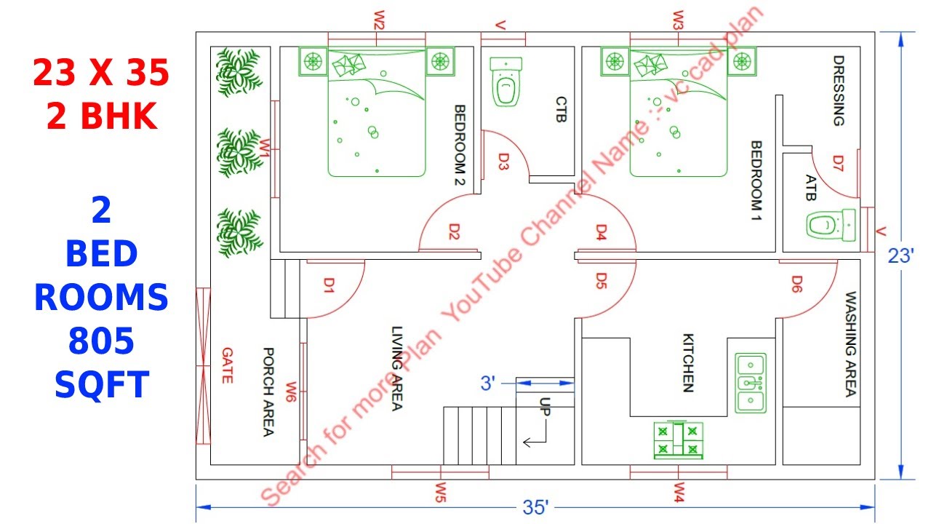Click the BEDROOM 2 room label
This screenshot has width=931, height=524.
[460, 146]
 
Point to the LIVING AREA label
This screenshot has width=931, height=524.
[396, 368]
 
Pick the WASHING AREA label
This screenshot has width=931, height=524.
[850, 345]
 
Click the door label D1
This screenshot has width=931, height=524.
[329, 286]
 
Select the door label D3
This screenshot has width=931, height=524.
[503, 161]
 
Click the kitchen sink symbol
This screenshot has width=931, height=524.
[750, 383]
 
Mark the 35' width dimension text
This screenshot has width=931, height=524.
[535, 507]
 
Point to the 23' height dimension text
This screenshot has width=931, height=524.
[900, 256]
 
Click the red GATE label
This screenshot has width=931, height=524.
[227, 365]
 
